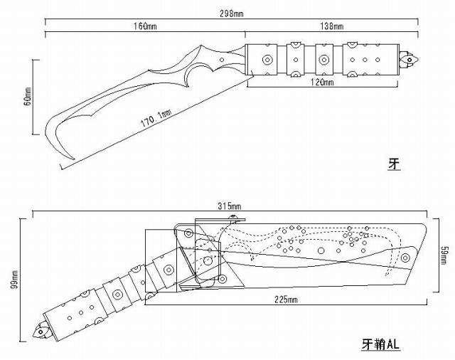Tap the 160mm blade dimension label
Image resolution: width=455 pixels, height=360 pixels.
click(x=145, y=27)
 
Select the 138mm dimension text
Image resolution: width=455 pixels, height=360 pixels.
click(x=332, y=27)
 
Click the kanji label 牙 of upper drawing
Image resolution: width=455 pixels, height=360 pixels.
click(x=394, y=165)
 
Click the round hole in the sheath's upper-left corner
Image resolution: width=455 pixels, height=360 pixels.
click(x=188, y=231)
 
